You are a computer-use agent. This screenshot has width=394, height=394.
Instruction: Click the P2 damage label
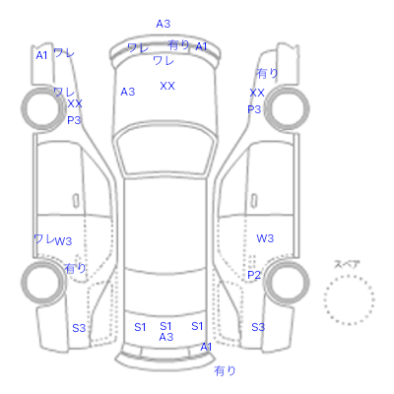[x=254, y=275]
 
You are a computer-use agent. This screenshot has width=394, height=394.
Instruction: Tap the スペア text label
[x=347, y=264]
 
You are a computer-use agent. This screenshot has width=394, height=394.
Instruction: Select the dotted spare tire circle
[x=349, y=299]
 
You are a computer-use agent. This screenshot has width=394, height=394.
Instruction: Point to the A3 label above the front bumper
[x=164, y=24]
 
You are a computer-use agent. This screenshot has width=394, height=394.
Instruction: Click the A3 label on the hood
[x=128, y=92]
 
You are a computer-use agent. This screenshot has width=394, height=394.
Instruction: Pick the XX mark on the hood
[x=167, y=86]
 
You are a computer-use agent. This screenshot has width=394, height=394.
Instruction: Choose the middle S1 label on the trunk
[x=165, y=326]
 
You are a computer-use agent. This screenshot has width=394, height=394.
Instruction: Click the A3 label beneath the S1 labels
[x=166, y=337]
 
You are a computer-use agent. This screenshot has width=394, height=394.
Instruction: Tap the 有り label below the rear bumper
[x=225, y=371]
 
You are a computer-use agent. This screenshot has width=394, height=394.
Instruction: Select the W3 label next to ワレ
[x=63, y=241]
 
